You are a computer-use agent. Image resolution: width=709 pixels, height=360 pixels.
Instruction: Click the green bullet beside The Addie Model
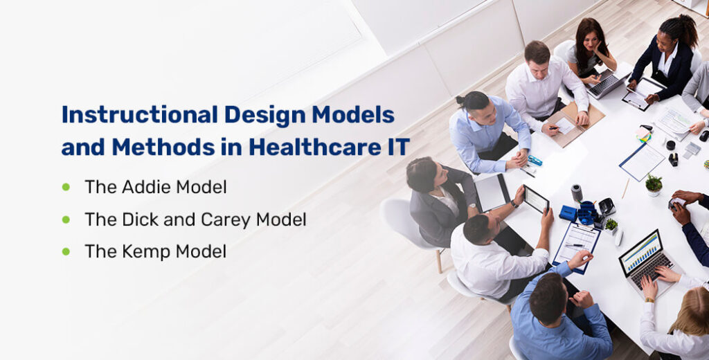[66, 187]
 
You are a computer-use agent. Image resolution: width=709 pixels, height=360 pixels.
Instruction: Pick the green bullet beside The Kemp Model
[66, 251]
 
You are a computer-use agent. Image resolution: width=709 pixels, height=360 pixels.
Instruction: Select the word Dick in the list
[138, 219]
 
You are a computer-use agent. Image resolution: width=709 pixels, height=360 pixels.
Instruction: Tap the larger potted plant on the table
[654, 183]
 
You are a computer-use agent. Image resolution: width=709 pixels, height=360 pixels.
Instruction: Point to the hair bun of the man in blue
[460, 100]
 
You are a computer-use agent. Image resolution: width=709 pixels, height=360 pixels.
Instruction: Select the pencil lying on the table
[625, 188]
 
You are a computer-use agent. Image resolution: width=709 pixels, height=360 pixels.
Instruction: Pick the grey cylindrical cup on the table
[576, 192]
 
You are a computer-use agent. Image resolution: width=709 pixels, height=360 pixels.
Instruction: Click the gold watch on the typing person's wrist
[649, 299]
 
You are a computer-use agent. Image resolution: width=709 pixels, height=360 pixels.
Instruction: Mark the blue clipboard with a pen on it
[576, 243]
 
